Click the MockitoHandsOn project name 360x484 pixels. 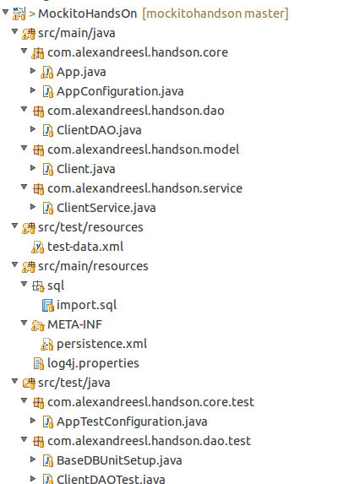coord(87,14)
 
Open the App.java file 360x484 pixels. coord(81,72)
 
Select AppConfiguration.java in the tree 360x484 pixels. coord(120,91)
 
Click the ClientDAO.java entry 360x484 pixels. coord(99,130)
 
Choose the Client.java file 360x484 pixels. coord(86,169)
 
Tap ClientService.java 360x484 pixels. coord(106,208)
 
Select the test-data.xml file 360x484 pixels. coord(85,247)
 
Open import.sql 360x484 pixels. coord(86,305)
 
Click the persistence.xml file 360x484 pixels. coord(102,344)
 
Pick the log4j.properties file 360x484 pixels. coord(93,363)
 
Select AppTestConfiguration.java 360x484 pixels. coord(132,421)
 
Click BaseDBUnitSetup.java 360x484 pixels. coord(119,460)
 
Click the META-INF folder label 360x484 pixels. coord(74,324)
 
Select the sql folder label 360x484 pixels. coord(56,286)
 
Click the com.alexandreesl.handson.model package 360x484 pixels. coord(144,150)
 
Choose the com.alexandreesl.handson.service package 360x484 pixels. coord(145,188)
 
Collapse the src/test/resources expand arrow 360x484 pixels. coord(14,226)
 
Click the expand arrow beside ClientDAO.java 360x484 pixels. coord(33,129)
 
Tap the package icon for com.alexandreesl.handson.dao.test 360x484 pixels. coord(38,442)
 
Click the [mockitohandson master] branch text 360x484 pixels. coord(215,14)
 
